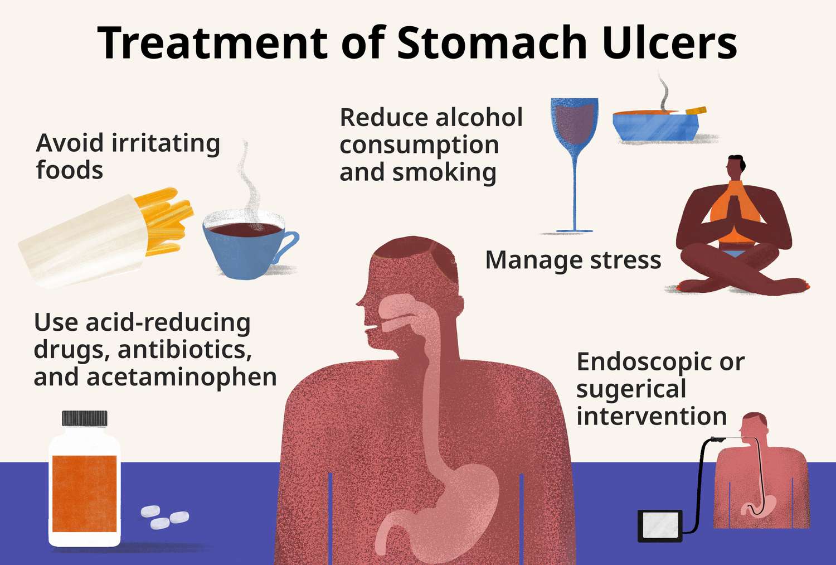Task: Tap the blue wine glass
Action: coord(575,165)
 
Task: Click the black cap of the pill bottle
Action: coord(85,418)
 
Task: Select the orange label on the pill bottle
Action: coord(84,493)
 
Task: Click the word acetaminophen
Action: coord(182,378)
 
